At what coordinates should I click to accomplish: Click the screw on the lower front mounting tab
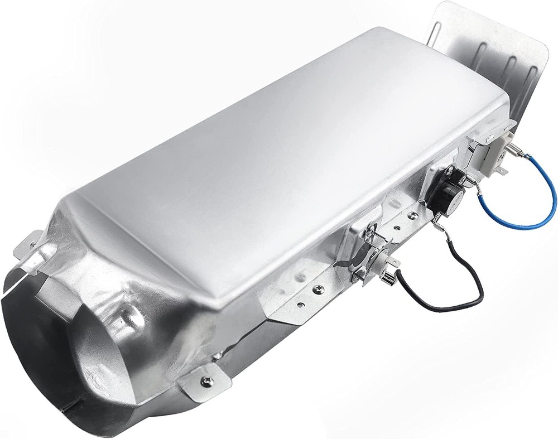pyautogui.click(x=208, y=381)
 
